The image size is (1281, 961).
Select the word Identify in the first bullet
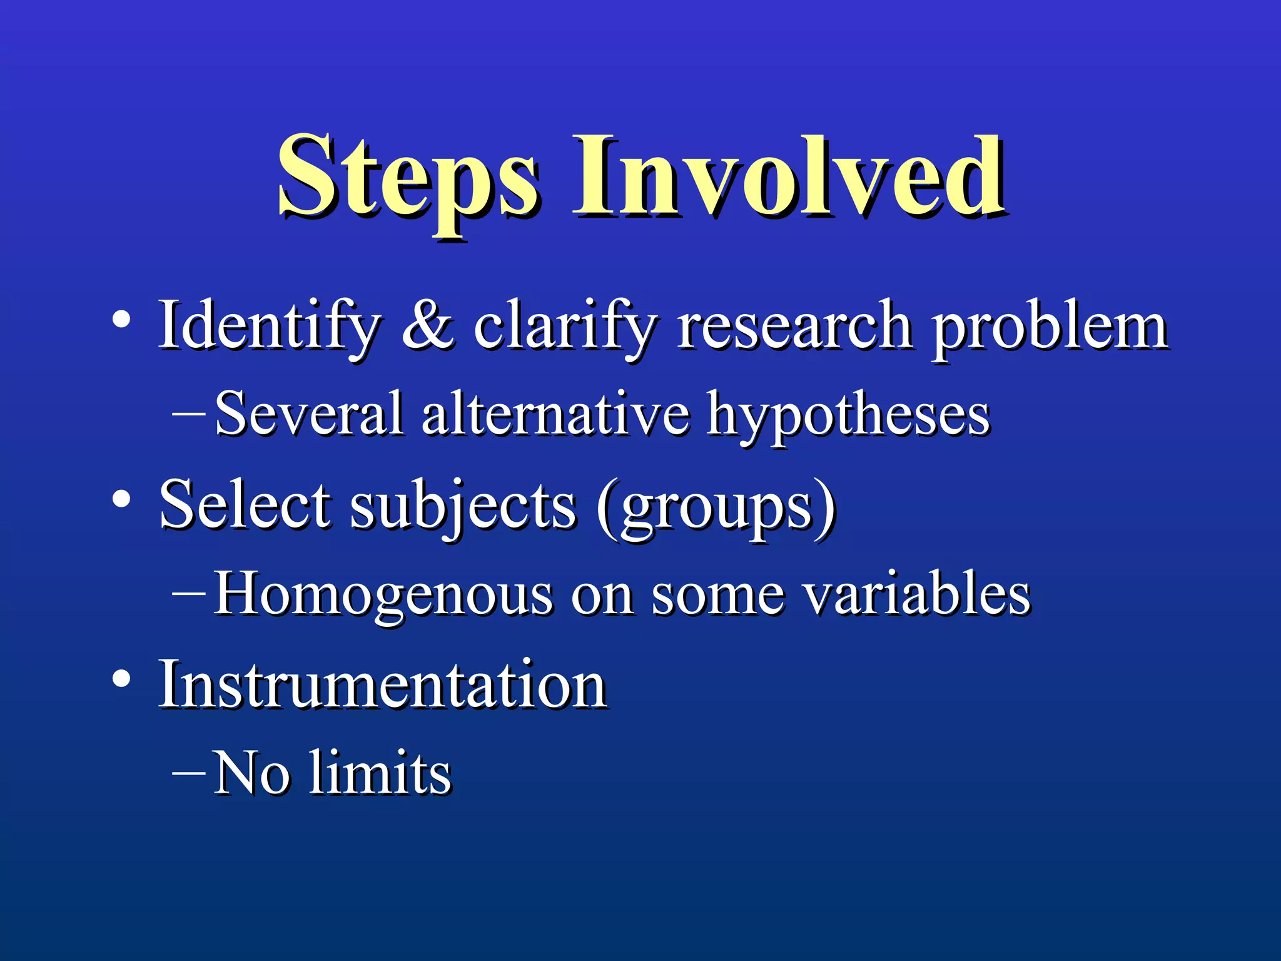click(269, 325)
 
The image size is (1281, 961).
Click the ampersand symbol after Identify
click(427, 325)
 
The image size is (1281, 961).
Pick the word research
click(794, 325)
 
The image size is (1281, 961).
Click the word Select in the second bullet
click(245, 504)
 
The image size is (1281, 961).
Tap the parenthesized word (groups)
click(716, 507)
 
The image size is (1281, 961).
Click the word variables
click(917, 593)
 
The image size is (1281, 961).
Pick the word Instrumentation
click(382, 684)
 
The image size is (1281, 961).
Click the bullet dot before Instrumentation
click(121, 679)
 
